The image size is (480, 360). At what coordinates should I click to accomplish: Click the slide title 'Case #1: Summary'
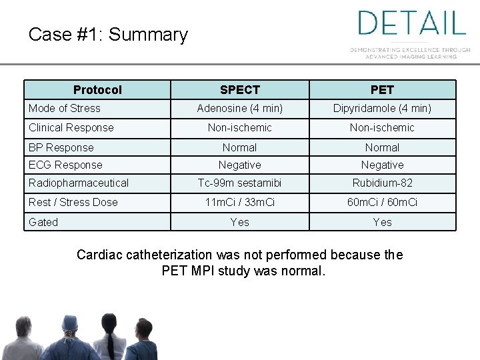pyautogui.click(x=108, y=35)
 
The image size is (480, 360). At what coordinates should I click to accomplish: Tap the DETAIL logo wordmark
pyautogui.click(x=411, y=23)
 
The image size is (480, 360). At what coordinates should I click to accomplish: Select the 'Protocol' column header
pyautogui.click(x=97, y=89)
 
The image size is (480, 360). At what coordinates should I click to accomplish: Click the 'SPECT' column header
pyautogui.click(x=239, y=89)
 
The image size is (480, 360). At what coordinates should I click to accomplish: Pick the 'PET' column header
pyautogui.click(x=382, y=89)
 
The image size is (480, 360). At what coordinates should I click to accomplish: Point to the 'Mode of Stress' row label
pyautogui.click(x=65, y=108)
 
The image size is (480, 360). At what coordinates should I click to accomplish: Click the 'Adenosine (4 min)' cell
pyautogui.click(x=239, y=108)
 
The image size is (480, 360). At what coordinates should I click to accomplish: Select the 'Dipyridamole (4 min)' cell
pyautogui.click(x=382, y=108)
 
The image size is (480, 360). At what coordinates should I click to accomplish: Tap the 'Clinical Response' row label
pyautogui.click(x=71, y=127)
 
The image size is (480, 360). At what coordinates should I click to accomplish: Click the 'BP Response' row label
pyautogui.click(x=61, y=147)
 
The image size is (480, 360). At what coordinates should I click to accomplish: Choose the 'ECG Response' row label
pyautogui.click(x=65, y=165)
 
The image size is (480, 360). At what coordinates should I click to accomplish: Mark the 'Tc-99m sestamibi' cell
pyautogui.click(x=239, y=183)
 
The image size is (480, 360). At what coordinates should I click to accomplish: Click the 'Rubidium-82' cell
pyautogui.click(x=382, y=183)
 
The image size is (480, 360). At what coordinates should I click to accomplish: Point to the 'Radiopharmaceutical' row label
pyautogui.click(x=79, y=183)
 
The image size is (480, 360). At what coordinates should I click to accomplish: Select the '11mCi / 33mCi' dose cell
pyautogui.click(x=239, y=202)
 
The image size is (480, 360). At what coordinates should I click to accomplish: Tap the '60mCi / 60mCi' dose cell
pyautogui.click(x=382, y=202)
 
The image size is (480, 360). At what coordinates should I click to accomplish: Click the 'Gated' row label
pyautogui.click(x=43, y=222)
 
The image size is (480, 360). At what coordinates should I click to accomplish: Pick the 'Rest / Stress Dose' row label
pyautogui.click(x=73, y=202)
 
